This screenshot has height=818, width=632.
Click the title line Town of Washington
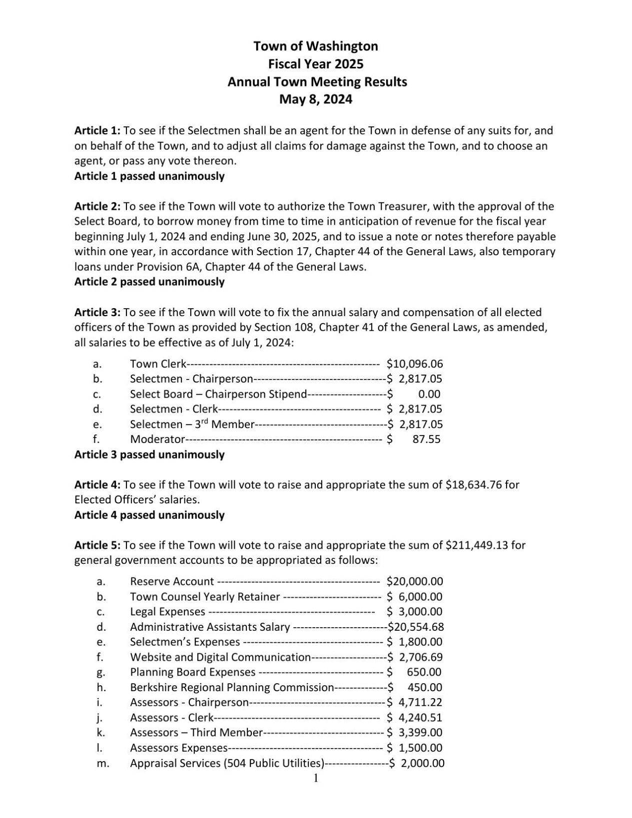316,46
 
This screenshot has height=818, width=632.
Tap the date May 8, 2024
316,99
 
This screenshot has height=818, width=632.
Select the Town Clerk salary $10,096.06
415,364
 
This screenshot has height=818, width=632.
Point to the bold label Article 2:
97,207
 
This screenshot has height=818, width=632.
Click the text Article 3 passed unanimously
149,455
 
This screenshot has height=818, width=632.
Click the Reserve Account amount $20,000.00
415,582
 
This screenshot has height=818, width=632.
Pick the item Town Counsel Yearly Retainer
205,597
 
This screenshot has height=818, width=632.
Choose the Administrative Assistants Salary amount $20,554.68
416,627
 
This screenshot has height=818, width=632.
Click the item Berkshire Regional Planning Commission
232,688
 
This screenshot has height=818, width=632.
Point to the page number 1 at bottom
316,778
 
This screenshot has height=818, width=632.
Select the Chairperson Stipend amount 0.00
429,395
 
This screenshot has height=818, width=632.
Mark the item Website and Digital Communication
220,658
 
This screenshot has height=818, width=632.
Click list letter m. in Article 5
102,764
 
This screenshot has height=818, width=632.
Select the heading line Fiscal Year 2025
316,64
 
